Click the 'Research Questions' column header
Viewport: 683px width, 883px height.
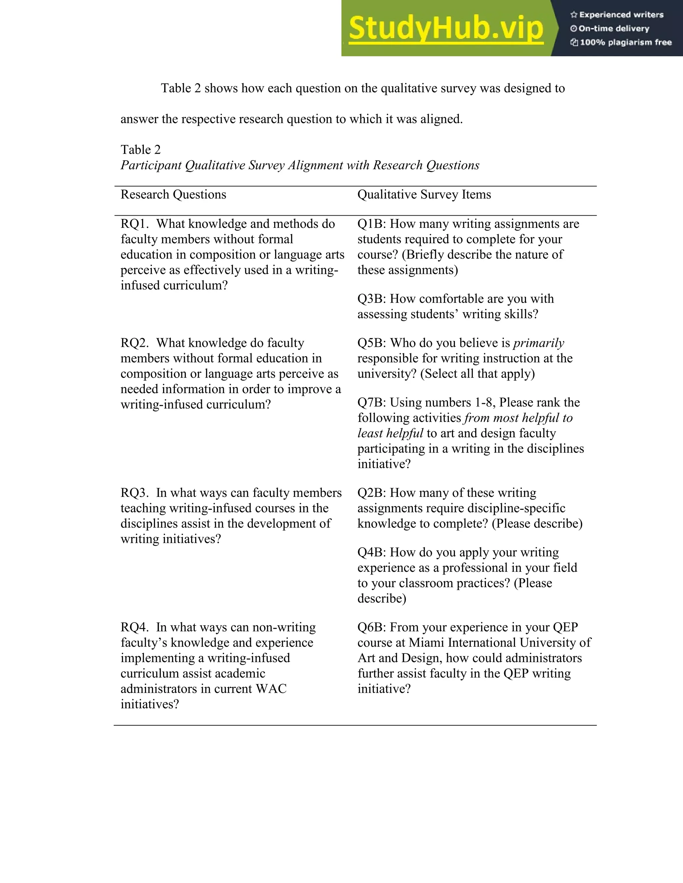[x=173, y=195]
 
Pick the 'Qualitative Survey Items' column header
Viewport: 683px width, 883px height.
[x=424, y=195]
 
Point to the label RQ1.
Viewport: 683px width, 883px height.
[x=134, y=224]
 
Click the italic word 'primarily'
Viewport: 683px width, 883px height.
[x=539, y=343]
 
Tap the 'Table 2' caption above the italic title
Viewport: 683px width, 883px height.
[x=140, y=150]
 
